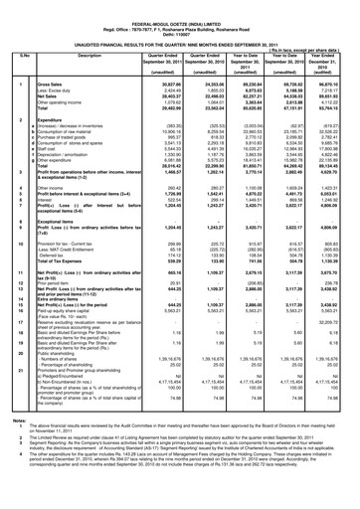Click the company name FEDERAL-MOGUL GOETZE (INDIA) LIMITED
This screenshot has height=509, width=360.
pos(178,5)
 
